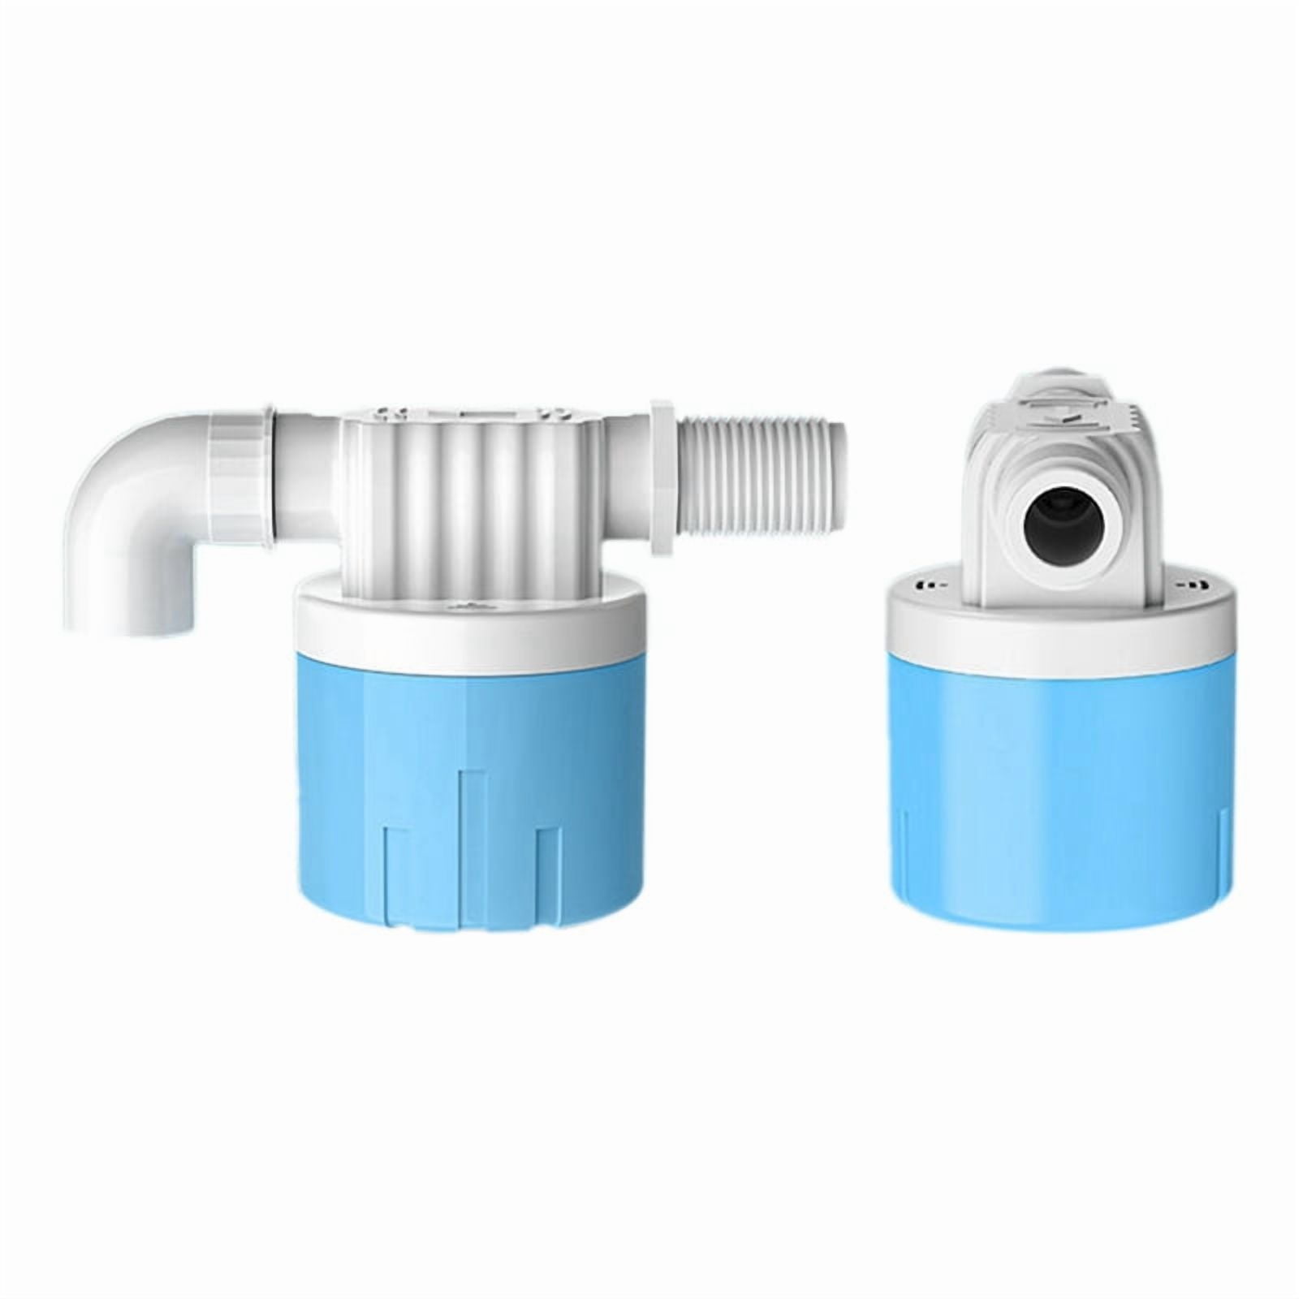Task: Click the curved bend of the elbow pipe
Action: pos(106,455)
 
